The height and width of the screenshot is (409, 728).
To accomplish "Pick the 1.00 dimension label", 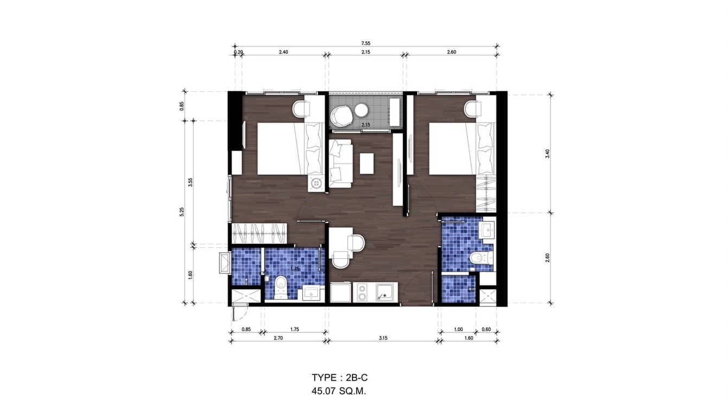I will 458,329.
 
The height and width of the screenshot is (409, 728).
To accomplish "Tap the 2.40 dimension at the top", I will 283,52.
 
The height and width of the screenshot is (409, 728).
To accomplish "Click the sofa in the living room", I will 340,163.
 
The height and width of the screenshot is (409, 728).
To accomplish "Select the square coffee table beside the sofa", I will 367,164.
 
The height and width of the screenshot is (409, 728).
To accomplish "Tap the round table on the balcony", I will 361,111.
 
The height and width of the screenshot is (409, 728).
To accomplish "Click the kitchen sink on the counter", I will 385,293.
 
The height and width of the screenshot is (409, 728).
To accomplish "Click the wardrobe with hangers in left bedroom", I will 260,233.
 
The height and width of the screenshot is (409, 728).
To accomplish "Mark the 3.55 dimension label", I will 190,182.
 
